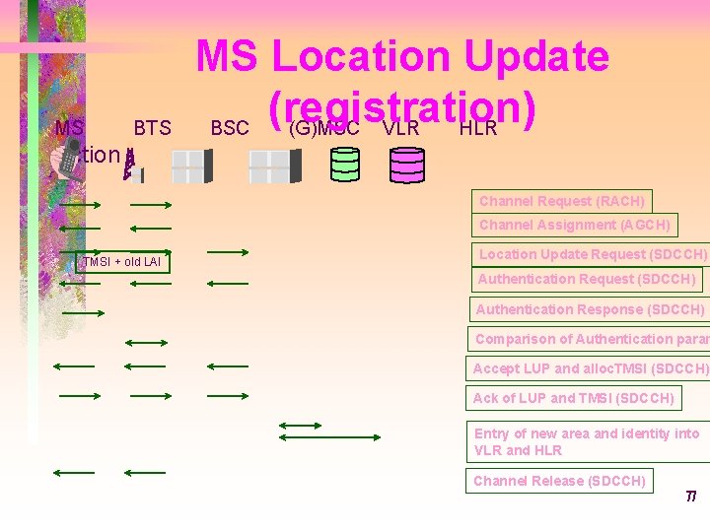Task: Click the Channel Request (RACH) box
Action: click(x=561, y=201)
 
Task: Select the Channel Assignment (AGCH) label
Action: click(x=574, y=225)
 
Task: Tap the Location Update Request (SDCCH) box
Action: click(x=591, y=254)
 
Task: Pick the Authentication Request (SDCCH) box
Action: click(x=586, y=279)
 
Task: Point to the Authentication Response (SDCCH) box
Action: click(x=590, y=309)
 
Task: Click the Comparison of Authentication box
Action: click(x=589, y=339)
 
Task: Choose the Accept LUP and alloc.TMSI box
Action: click(x=589, y=368)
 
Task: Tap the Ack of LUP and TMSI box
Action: click(x=573, y=398)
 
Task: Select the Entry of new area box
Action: click(x=589, y=441)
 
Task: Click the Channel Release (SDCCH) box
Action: click(x=559, y=481)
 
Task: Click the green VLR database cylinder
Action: click(x=345, y=164)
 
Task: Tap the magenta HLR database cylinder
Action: click(x=406, y=165)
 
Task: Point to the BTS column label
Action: click(x=152, y=128)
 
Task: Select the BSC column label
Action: click(x=230, y=128)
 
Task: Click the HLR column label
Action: click(x=478, y=128)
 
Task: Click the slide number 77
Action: click(x=691, y=496)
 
